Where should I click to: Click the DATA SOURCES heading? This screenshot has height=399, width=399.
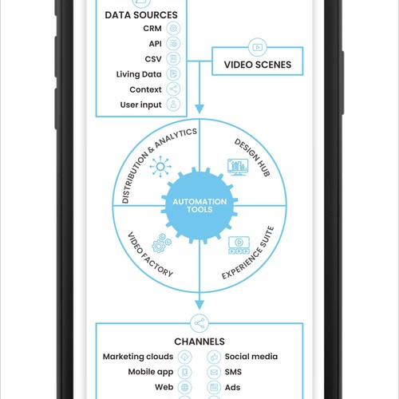coord(141,15)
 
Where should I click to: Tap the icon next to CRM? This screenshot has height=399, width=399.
coord(173,28)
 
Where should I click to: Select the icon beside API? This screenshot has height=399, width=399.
coord(173,44)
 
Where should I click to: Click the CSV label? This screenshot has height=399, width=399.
coord(153,59)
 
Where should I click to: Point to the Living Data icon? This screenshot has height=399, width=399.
coord(173,74)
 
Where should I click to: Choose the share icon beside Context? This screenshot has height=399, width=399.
coord(173,89)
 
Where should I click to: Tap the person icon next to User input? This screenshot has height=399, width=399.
coord(173,105)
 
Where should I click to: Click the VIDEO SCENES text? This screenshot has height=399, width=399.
coord(258,65)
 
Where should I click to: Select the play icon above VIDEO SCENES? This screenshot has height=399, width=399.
coord(257,47)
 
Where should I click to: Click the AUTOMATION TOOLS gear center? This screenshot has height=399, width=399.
coord(199,205)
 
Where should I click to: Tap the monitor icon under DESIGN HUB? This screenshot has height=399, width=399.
coord(238,168)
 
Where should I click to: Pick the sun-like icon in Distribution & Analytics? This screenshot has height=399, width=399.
coord(160,167)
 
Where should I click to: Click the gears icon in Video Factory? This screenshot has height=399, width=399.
coord(161,243)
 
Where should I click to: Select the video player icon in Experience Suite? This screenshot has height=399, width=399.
coord(239,245)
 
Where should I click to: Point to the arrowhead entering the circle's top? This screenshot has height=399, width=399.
coord(199,109)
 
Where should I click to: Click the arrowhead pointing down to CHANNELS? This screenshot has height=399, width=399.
coord(199,305)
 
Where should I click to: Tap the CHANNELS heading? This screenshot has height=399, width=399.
coord(199,342)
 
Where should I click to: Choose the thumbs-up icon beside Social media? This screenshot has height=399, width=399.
coord(214,357)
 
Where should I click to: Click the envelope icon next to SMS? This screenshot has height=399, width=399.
coord(214,372)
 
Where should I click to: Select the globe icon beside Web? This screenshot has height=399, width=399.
coord(184,387)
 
